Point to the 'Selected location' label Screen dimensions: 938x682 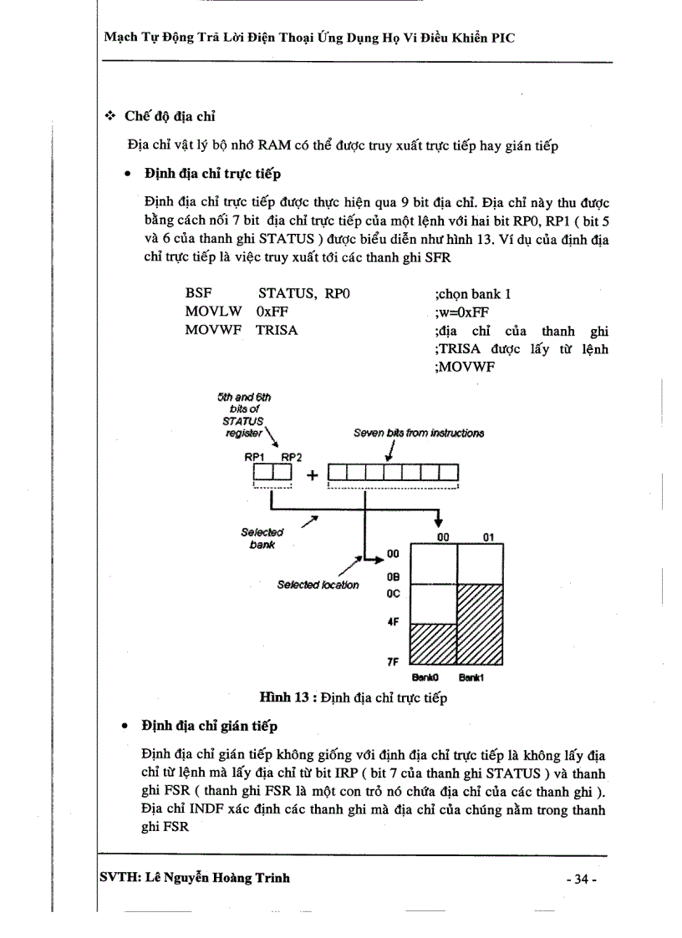point(318,585)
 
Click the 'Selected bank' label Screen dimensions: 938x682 point(262,538)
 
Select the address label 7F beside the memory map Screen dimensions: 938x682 point(392,661)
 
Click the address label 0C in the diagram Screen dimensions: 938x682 point(394,594)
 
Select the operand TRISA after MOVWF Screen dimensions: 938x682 point(277,330)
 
